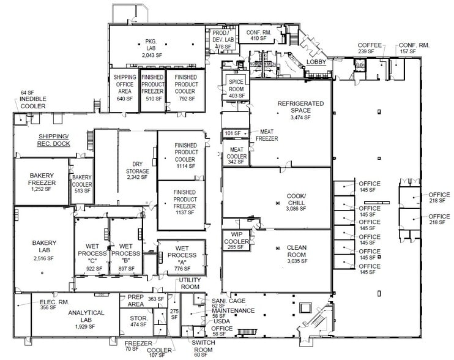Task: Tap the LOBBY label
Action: coord(316,62)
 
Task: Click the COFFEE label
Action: coord(370,45)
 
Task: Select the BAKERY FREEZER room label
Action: coord(42,179)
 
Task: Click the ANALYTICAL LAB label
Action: coord(86,313)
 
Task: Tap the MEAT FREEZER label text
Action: coord(270,135)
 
